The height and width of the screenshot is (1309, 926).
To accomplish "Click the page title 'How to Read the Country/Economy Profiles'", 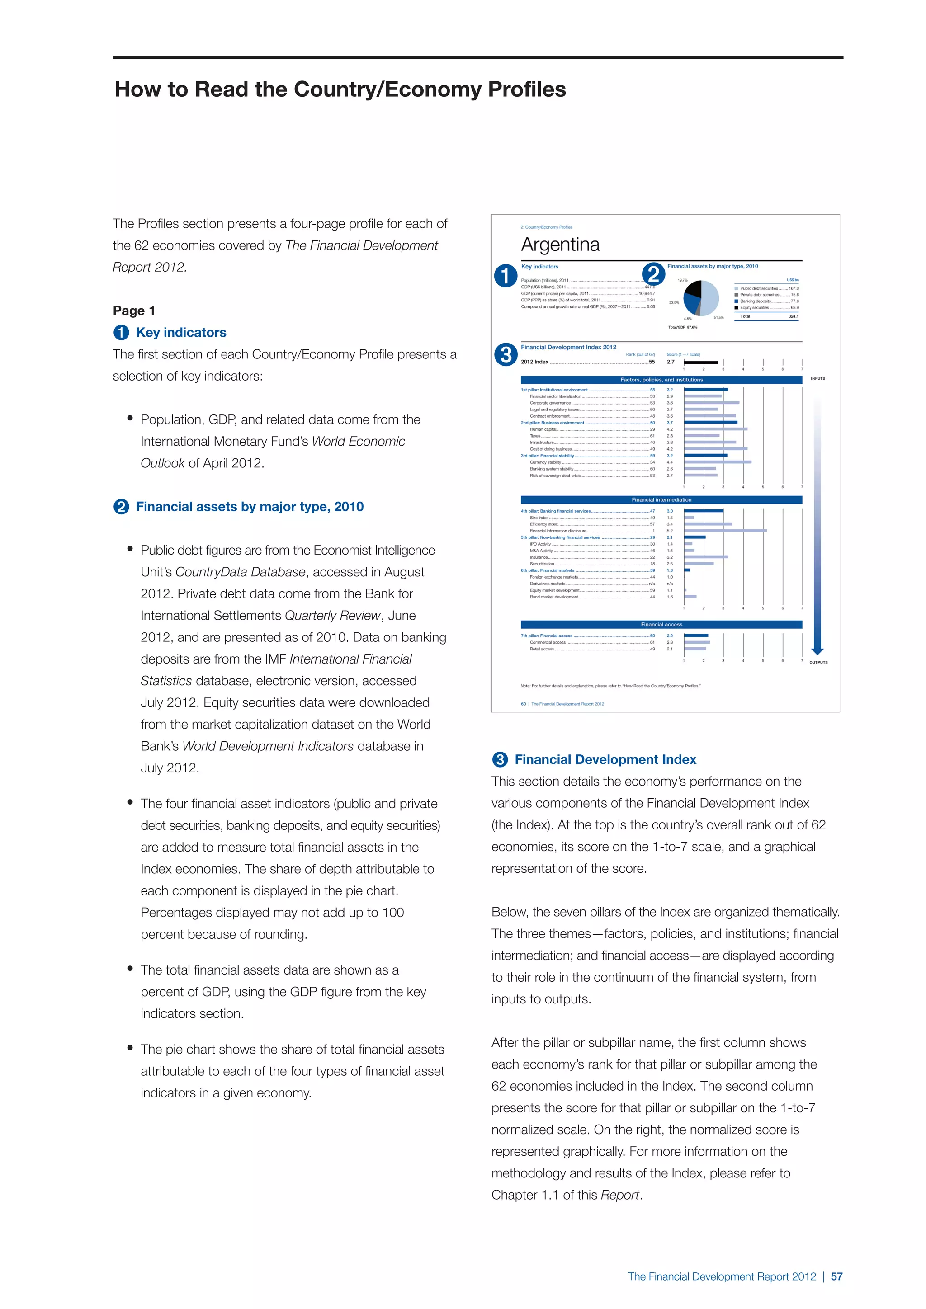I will tap(340, 89).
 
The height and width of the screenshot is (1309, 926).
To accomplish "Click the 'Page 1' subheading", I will tap(134, 311).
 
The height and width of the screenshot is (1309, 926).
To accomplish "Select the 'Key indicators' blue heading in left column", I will tap(181, 332).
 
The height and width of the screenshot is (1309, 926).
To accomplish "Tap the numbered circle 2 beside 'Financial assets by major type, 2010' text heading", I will tap(121, 507).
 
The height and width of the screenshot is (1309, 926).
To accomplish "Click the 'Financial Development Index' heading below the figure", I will tap(605, 759).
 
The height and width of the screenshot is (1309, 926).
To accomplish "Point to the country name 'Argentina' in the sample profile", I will tap(560, 245).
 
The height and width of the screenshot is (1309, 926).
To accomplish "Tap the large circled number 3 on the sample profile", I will tap(505, 355).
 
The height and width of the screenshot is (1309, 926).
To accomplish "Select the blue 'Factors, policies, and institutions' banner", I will tap(661, 380).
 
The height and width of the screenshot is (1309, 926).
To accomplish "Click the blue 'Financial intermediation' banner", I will tap(661, 500).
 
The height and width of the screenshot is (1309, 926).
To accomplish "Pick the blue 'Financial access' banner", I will tap(661, 624).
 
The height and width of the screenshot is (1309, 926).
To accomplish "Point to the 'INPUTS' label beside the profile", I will tap(817, 379).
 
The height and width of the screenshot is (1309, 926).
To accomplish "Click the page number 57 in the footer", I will tap(836, 1276).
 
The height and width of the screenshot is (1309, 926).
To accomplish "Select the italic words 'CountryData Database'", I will tap(240, 572).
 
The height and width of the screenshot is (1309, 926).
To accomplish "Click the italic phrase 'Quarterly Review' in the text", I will tap(332, 616).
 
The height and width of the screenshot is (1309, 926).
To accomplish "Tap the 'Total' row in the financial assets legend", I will tap(766, 316).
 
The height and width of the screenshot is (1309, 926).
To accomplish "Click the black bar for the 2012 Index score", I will tap(701, 362).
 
